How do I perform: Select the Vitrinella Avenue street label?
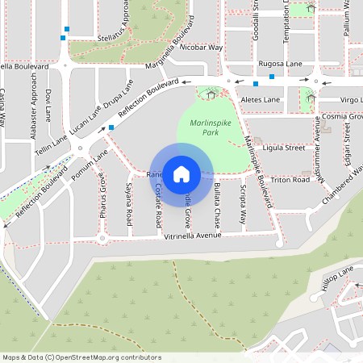click(x=192, y=236)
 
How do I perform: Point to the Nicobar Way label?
click(x=201, y=48)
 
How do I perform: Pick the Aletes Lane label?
click(x=261, y=99)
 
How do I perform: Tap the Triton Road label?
click(x=290, y=180)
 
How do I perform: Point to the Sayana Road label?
click(x=129, y=204)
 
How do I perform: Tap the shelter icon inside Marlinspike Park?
click(x=211, y=94)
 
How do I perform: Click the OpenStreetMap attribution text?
click(x=81, y=357)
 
